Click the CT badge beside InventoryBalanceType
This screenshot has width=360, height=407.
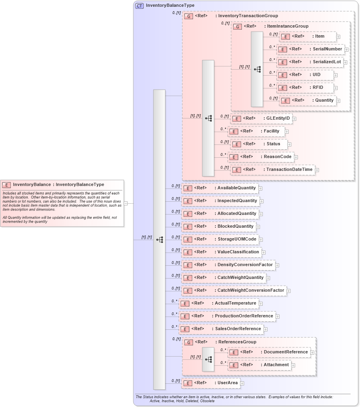point(139,6)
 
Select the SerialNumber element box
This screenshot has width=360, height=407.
point(310,49)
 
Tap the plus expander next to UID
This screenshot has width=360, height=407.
point(336,75)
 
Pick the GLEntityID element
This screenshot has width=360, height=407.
point(261,118)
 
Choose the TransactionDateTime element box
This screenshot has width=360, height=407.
point(272,170)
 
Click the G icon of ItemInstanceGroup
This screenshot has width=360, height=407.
point(237,26)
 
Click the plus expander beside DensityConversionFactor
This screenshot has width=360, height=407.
point(277,265)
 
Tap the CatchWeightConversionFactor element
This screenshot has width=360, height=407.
point(234,291)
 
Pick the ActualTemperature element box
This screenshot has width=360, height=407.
point(219,303)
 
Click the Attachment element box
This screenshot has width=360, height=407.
point(259,365)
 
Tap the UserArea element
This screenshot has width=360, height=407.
point(211,383)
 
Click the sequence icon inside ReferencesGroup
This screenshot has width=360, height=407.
point(208,359)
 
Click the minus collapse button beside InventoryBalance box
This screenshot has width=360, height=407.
point(126,203)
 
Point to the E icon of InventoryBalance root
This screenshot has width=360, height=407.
point(6,185)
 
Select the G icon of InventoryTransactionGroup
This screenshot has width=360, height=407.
point(189,16)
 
